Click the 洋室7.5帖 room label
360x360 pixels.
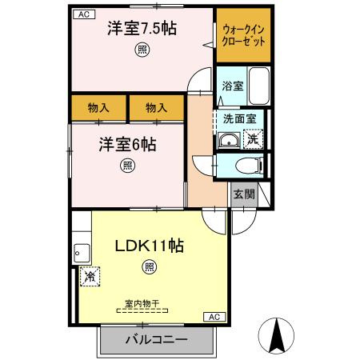coord(142,29)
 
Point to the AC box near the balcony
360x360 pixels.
coord(215,317)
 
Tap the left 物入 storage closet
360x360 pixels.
coord(99,107)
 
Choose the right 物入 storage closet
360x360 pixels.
coord(157,107)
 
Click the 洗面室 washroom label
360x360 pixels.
coord(238,118)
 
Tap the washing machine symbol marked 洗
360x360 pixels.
coord(253,138)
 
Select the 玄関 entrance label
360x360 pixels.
coord(243,194)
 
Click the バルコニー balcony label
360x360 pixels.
coord(156,340)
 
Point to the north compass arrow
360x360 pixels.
coord(278,334)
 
